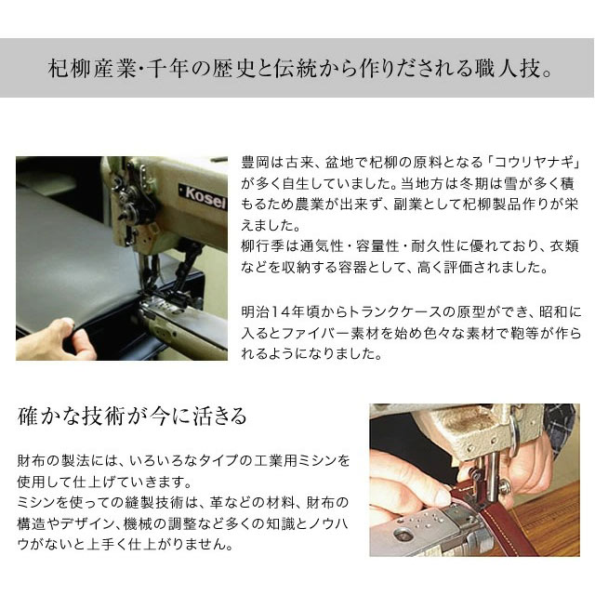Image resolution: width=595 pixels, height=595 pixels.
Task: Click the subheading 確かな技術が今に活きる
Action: click(x=133, y=416)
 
